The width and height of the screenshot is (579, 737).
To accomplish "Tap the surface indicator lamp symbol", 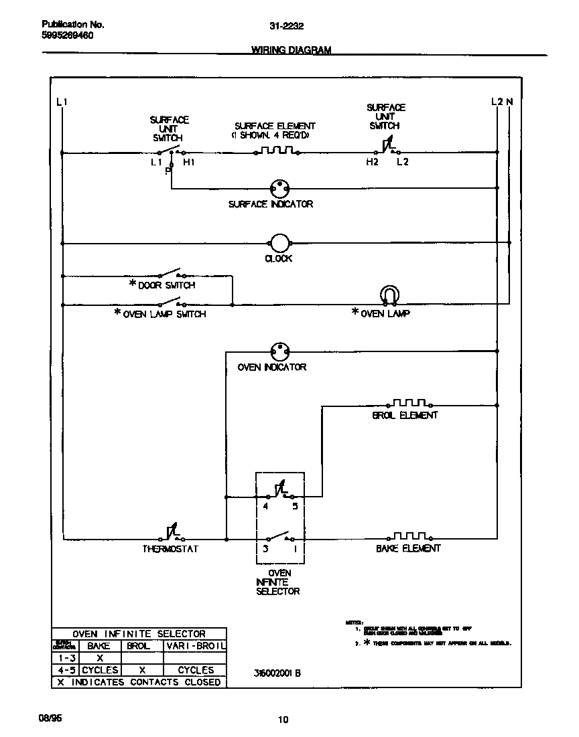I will click(x=279, y=188).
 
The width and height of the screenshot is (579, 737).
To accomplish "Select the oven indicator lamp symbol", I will click(x=279, y=350).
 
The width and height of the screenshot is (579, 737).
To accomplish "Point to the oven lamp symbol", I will click(x=389, y=295).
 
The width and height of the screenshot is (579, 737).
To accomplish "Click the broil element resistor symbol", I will click(x=409, y=403).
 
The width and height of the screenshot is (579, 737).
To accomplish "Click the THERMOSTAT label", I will click(x=170, y=549).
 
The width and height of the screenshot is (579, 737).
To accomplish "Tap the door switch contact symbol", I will click(x=170, y=273).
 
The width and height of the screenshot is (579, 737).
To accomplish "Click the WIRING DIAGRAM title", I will click(x=291, y=50).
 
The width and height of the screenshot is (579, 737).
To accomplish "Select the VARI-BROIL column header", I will click(x=195, y=646).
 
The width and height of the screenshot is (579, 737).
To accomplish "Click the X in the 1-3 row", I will click(x=100, y=658).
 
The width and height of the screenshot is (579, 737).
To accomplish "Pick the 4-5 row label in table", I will click(x=66, y=670).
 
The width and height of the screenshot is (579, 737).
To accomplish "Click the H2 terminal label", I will click(x=372, y=162).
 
